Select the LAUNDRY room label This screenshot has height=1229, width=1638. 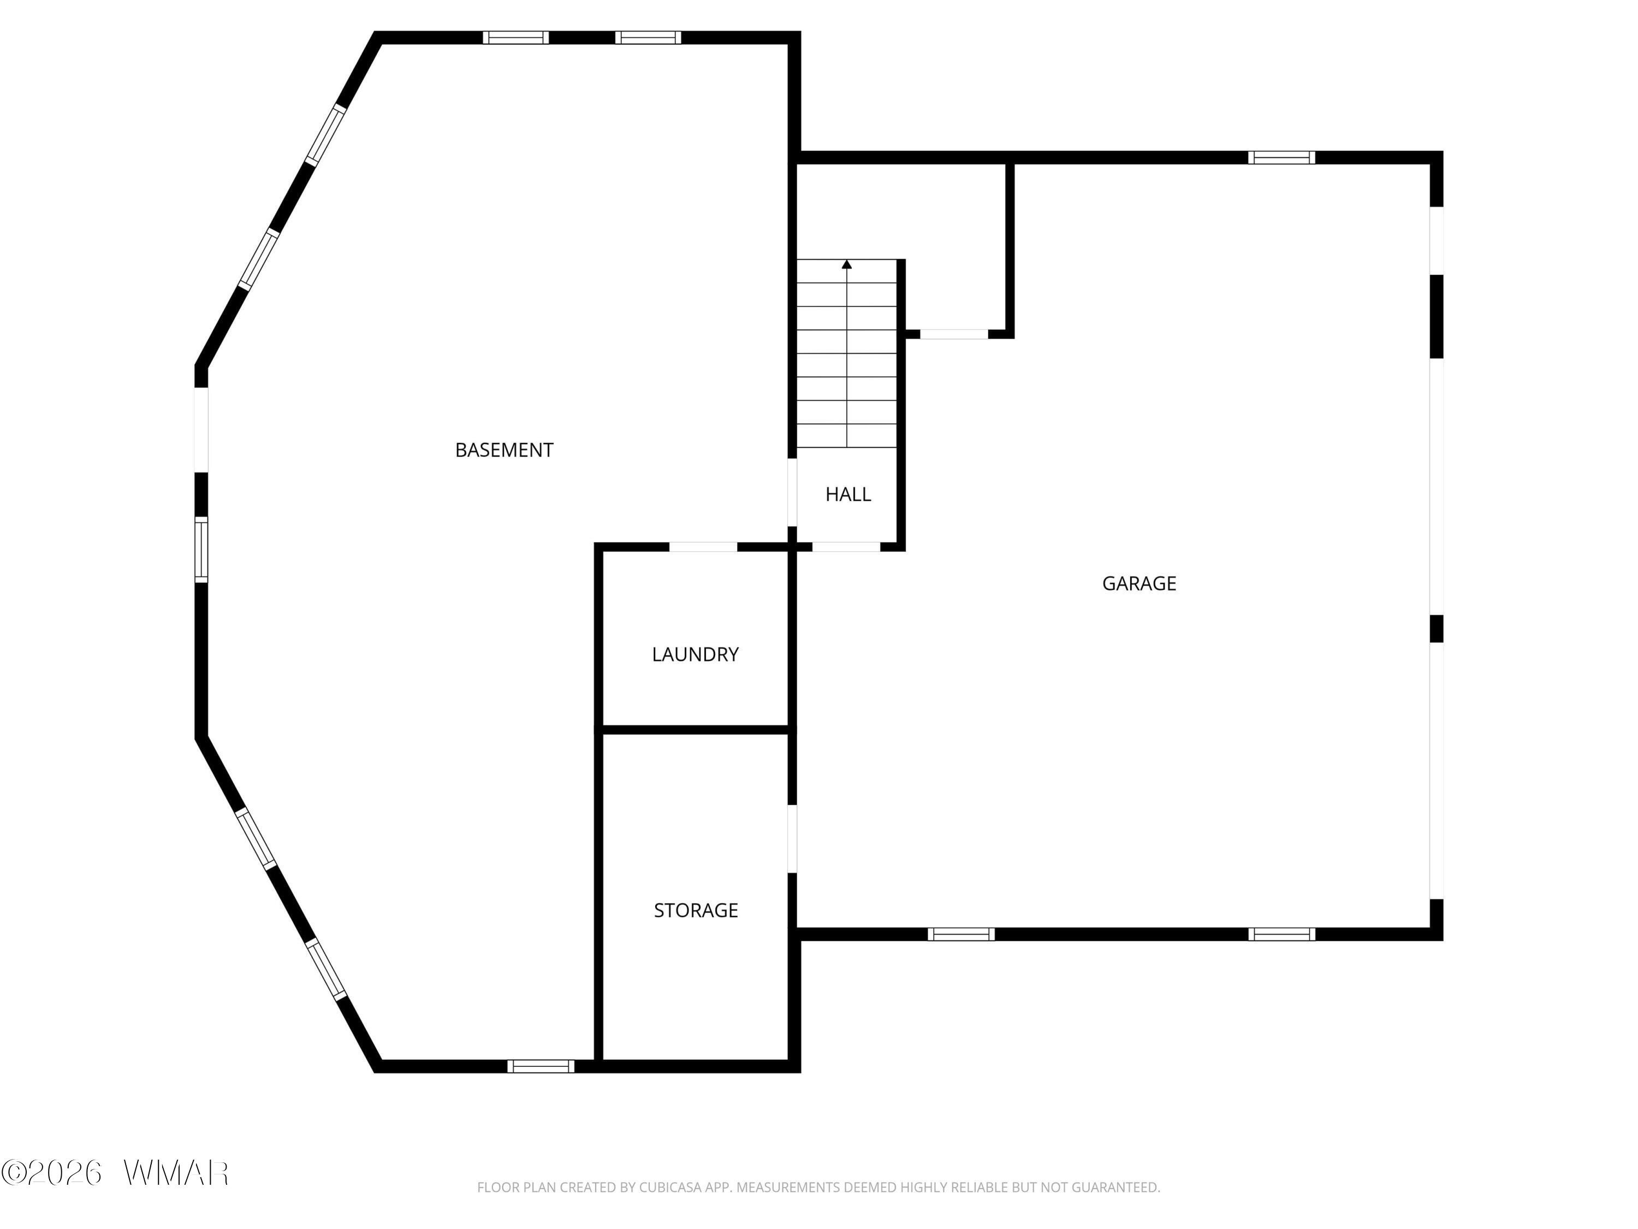coord(696,654)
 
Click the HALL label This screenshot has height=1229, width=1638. coord(848,494)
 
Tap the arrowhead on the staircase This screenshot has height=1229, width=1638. coord(847,264)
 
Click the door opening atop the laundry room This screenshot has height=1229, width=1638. coord(703,547)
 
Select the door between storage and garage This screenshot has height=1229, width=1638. coord(792,838)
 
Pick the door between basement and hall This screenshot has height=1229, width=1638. coord(792,493)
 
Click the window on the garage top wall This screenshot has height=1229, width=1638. coord(1282,157)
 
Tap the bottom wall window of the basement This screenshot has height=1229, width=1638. coord(541,1066)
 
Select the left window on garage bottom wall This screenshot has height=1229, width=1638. coord(961,934)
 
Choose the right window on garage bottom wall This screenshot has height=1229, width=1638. coord(1282,934)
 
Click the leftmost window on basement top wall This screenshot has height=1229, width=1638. coord(516,38)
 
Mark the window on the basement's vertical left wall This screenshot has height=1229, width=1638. coord(201,549)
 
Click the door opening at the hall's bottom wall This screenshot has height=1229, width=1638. coord(846,547)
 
